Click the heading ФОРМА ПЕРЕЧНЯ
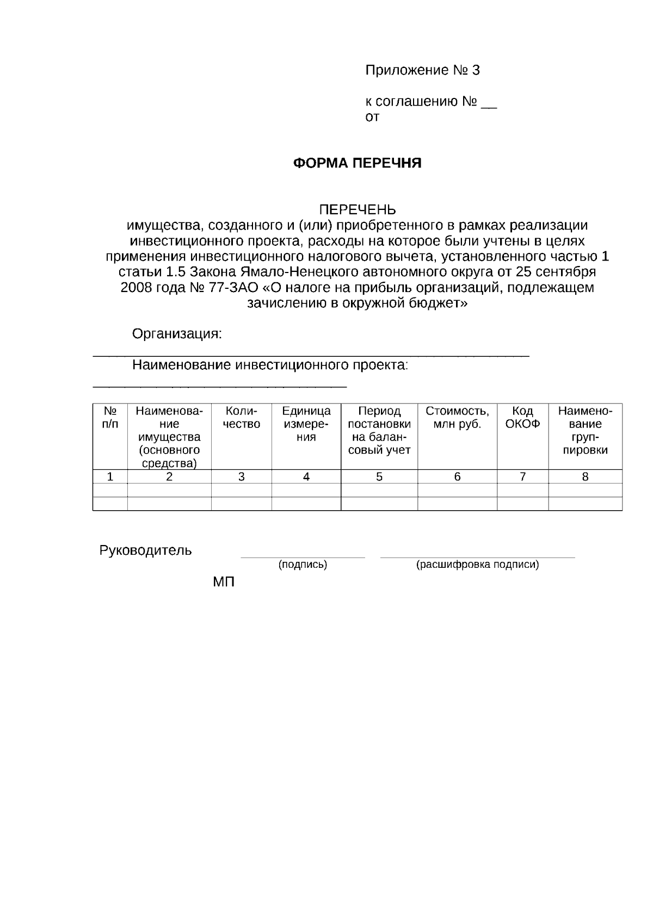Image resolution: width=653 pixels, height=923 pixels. [x=357, y=163]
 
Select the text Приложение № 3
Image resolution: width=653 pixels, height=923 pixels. [x=422, y=70]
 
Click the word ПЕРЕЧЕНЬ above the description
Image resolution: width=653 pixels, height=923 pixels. [x=357, y=210]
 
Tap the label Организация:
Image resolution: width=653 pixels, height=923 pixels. [x=177, y=334]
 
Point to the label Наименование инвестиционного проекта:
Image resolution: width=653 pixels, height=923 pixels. [x=270, y=365]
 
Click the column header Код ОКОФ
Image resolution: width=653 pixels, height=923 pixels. [x=522, y=418]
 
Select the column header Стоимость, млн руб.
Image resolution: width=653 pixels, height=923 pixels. [x=457, y=418]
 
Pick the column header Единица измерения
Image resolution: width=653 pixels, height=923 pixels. [x=306, y=424]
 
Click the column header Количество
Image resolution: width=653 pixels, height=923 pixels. [x=241, y=418]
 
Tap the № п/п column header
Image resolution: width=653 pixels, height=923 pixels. [x=110, y=418]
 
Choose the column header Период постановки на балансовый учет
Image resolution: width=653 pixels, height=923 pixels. [x=379, y=431]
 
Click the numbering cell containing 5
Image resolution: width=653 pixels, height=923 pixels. [x=379, y=477]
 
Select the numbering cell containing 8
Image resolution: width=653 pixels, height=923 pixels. [x=585, y=477]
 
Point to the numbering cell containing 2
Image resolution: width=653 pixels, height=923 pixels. [x=169, y=477]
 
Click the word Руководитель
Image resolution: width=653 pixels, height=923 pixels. [x=145, y=550]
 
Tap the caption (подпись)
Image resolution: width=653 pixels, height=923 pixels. [x=303, y=565]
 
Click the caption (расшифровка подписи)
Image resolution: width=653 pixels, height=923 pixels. [x=477, y=565]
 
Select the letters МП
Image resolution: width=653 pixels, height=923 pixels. [x=224, y=583]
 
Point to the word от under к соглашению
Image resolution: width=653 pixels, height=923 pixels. [x=372, y=117]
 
